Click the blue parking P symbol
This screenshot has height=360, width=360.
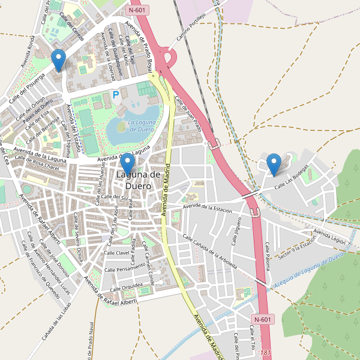tap(116, 94)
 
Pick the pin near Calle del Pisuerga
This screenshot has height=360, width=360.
tap(58, 60)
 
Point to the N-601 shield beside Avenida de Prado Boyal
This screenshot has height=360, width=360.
tap(138, 10)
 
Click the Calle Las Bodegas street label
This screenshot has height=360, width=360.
tap(296, 179)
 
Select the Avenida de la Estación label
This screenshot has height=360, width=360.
tap(208, 208)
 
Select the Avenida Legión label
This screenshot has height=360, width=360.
tap(330, 236)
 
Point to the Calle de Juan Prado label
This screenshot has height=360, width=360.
tap(187, 114)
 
